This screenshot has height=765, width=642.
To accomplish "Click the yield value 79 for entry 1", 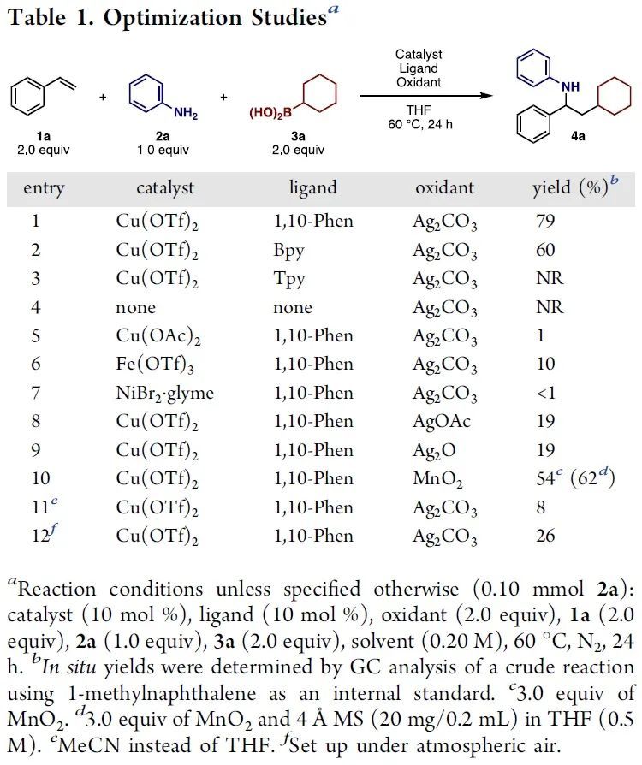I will [x=545, y=222].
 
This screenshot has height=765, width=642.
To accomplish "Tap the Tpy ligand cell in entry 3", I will [x=288, y=279].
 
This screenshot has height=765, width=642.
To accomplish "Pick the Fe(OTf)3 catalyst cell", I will [x=152, y=365].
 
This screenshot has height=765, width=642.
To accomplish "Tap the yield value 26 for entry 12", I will [x=545, y=536].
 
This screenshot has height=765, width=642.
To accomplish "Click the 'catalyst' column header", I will [x=165, y=187].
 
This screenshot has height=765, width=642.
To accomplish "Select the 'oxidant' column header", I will [x=444, y=187].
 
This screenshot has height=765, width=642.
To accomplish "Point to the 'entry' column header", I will [x=44, y=187].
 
